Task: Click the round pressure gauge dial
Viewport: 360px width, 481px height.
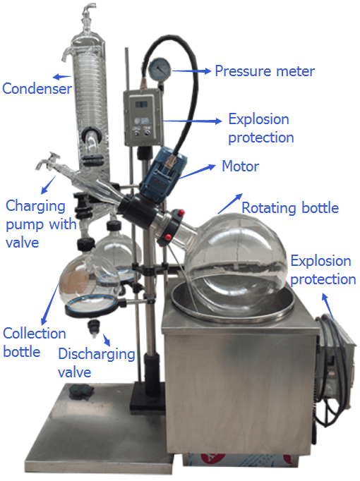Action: pos(159,69)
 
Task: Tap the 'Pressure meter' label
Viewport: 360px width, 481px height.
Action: pos(265,71)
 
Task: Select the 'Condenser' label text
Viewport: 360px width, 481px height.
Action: pos(37,89)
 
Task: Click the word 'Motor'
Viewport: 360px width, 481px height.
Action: pos(240,166)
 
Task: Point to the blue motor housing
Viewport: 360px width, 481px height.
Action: pos(163,173)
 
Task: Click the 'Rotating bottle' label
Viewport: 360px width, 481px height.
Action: pos(290,207)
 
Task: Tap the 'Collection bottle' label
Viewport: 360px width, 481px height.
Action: pos(35,342)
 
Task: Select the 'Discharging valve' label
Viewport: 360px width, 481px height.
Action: pos(97,363)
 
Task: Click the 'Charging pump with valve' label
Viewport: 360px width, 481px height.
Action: pos(41,224)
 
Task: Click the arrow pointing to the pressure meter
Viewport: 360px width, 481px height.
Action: pos(191,71)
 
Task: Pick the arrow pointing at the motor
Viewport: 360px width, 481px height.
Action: pos(197,172)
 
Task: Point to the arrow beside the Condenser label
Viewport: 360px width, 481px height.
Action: pos(62,77)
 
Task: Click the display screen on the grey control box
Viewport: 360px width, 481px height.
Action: pos(142,104)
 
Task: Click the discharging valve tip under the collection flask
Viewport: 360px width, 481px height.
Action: pos(94,329)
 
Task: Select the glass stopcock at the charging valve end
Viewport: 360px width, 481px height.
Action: pos(49,161)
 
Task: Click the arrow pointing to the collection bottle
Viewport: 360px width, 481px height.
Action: pos(49,302)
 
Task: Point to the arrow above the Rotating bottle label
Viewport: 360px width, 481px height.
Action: pos(230,203)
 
